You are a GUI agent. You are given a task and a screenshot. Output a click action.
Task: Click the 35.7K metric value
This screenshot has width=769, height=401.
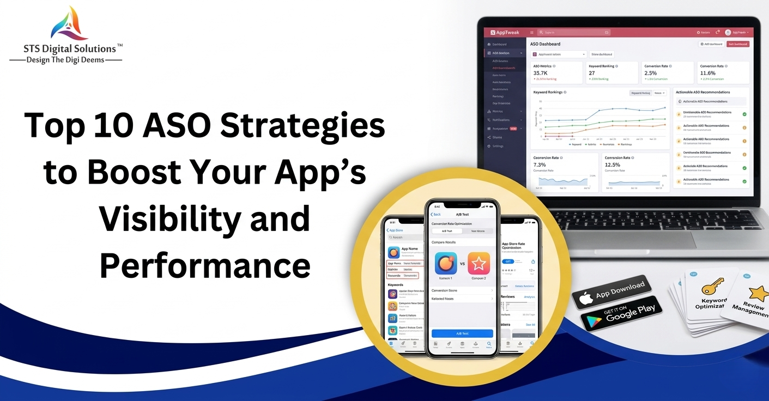coord(541,73)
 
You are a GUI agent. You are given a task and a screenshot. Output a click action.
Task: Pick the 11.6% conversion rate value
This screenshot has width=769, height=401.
coord(708,73)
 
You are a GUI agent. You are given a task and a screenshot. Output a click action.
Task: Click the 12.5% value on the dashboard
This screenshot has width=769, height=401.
coord(613,165)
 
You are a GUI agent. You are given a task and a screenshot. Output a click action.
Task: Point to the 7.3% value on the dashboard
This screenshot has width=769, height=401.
coord(540,165)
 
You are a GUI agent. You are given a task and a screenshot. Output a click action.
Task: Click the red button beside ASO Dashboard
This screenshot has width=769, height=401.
coord(737,44)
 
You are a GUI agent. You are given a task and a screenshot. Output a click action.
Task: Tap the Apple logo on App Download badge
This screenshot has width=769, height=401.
coord(585,298)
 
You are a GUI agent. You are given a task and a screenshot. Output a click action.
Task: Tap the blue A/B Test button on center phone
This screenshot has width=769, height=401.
coord(462,333)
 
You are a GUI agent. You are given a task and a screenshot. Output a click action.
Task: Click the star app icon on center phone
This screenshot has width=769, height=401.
coord(479,263)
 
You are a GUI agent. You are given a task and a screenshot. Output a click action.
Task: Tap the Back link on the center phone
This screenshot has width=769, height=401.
coord(436,214)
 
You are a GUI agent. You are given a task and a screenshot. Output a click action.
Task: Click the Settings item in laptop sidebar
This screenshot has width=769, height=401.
coord(498,146)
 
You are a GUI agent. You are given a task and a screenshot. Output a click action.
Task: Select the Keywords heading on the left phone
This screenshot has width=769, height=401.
coord(396,284)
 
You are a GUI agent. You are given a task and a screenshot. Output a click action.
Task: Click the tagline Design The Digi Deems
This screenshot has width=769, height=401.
coord(65,60)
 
